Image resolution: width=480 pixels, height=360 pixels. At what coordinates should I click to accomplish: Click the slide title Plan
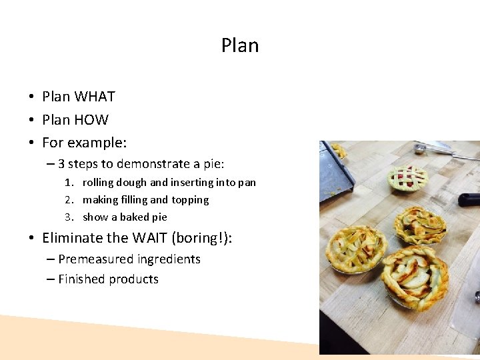[x=240, y=45]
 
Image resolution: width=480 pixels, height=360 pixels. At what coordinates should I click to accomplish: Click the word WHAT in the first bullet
[x=94, y=97]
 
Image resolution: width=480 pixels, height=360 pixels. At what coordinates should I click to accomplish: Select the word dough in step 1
[x=131, y=183]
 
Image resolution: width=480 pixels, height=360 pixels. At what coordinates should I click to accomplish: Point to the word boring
[x=201, y=238]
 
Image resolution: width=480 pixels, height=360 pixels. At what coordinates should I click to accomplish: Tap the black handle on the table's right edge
[x=469, y=199]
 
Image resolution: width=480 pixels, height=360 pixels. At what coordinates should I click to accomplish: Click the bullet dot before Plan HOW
[x=31, y=120]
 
